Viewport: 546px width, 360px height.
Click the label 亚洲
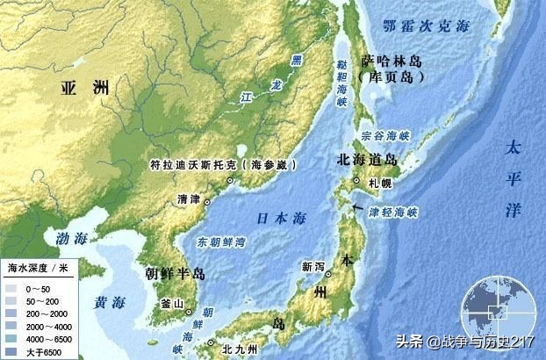click(x=85, y=88)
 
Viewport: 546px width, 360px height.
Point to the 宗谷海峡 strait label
click(x=385, y=137)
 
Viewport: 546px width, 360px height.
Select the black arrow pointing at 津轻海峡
click(x=355, y=205)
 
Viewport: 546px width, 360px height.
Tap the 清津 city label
click(x=188, y=199)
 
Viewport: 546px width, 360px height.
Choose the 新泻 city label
click(x=313, y=266)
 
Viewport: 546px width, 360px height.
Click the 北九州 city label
click(x=239, y=349)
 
